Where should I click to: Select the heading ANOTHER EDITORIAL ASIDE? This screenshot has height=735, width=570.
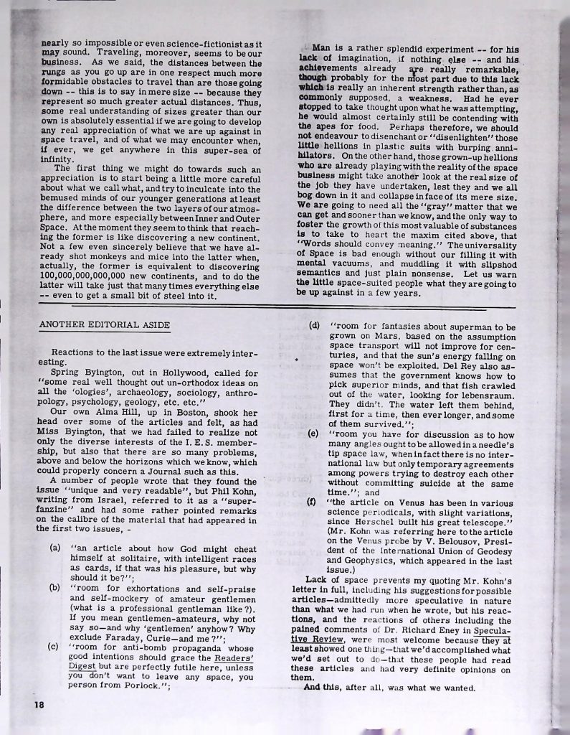105,325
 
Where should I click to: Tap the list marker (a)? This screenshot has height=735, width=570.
55,551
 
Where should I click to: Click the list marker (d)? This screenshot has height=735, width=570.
313,324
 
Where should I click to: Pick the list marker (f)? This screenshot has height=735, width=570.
313,502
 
